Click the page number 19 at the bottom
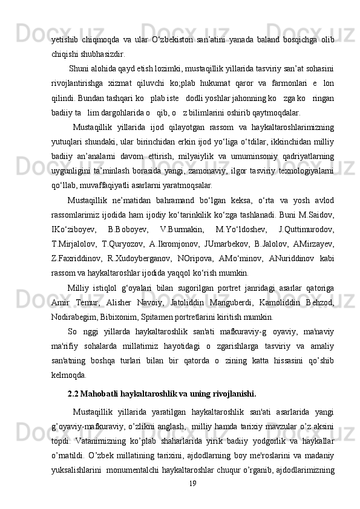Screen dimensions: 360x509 tap(192, 484)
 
